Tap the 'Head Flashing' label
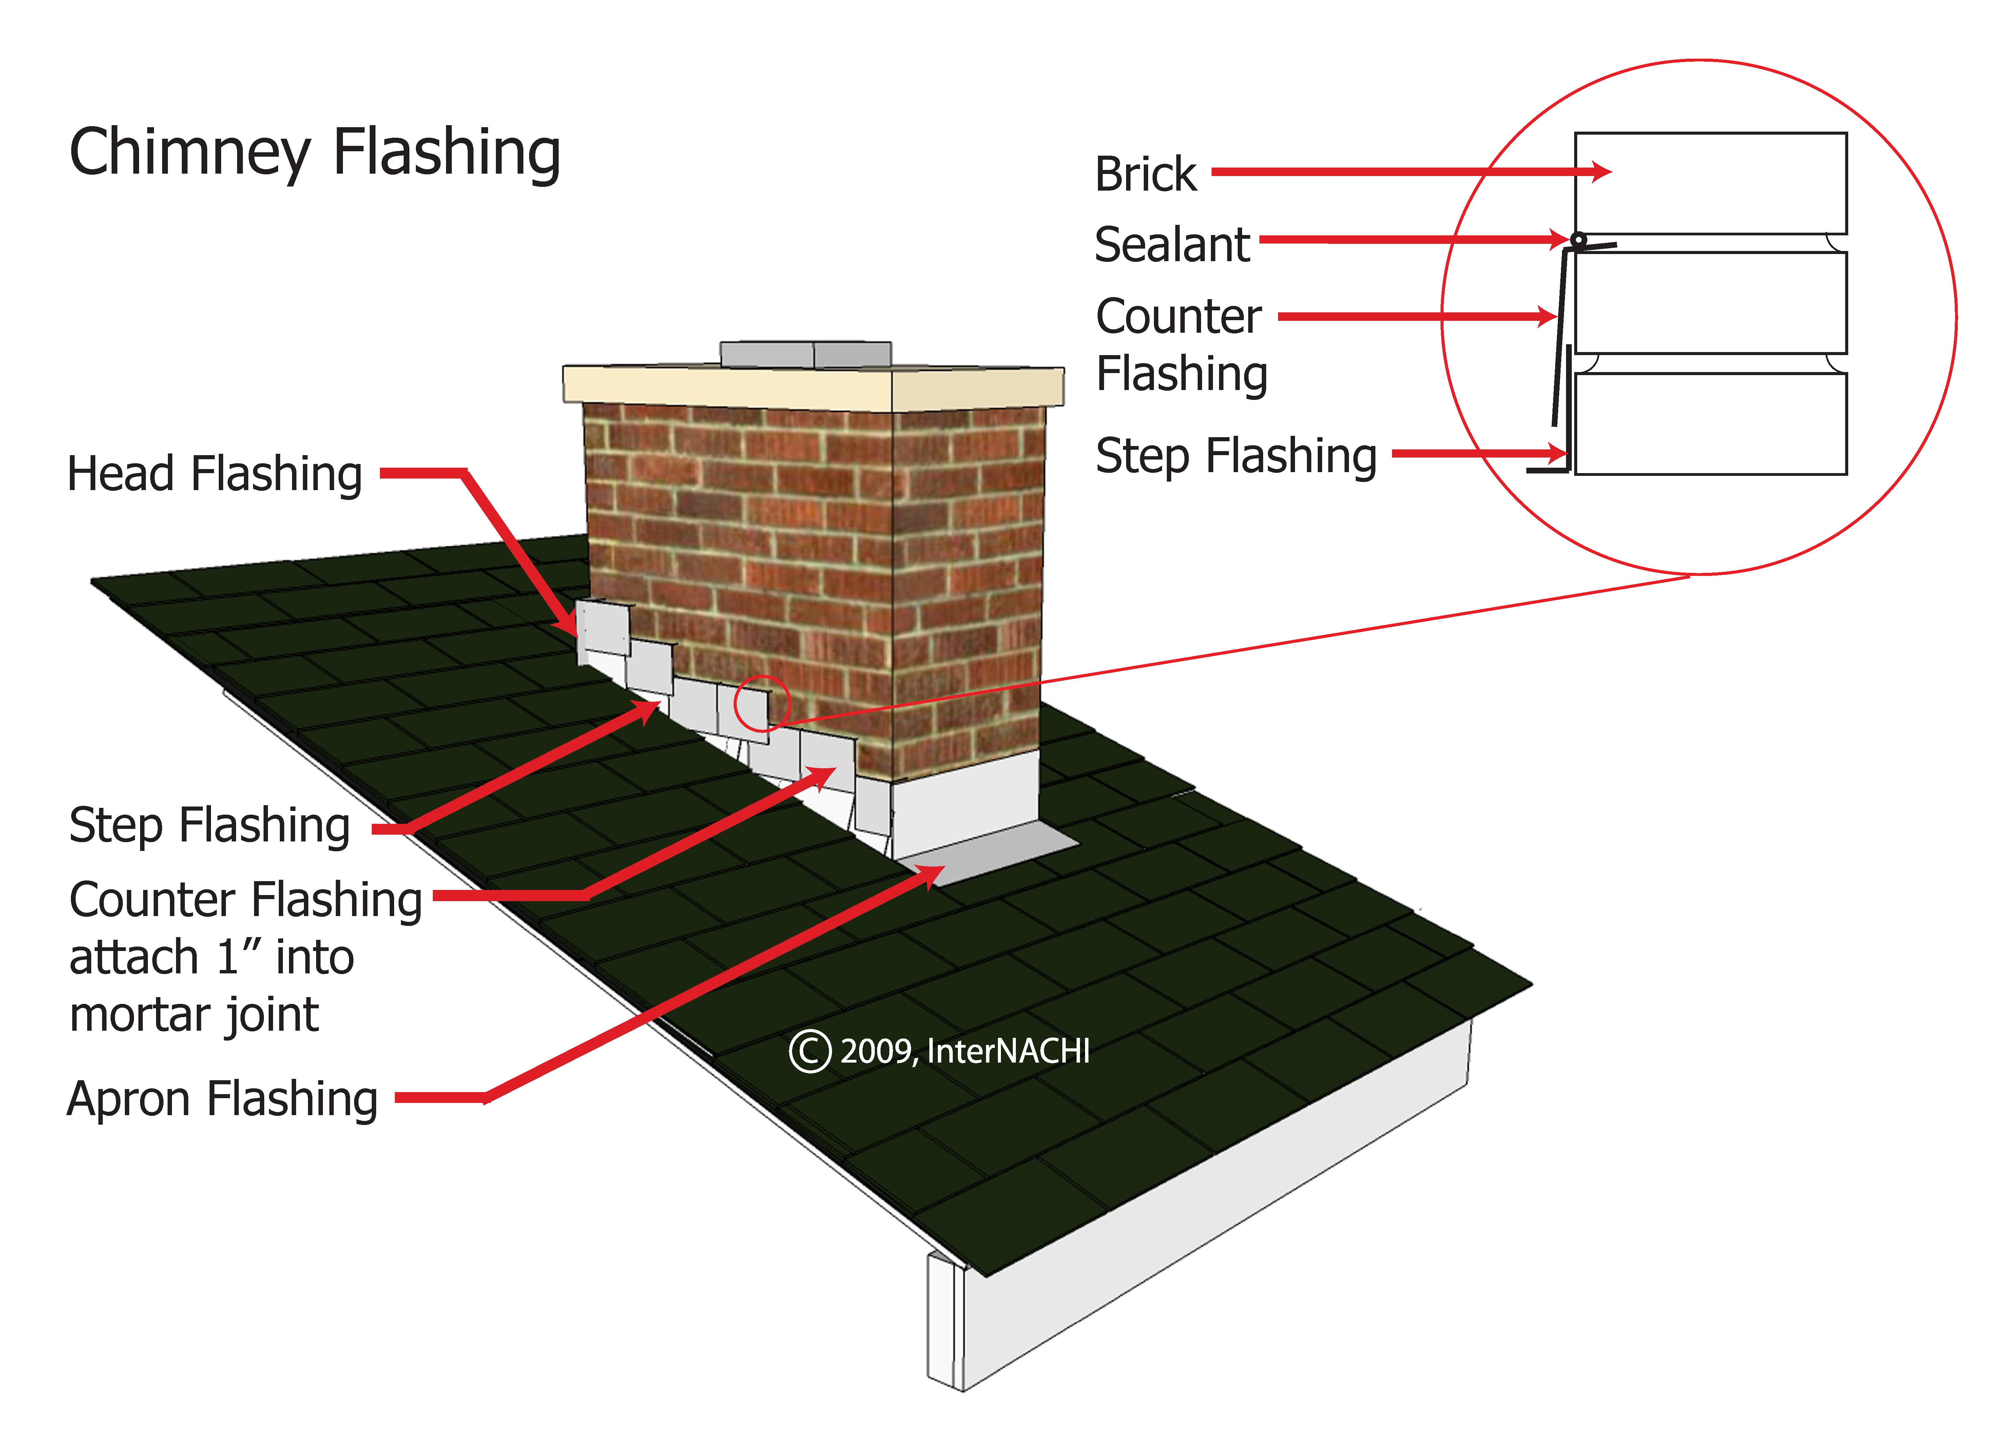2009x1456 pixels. (x=214, y=474)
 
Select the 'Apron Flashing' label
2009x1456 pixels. (x=222, y=1099)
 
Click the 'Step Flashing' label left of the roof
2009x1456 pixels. (x=210, y=826)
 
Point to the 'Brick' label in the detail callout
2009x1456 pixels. (x=1145, y=174)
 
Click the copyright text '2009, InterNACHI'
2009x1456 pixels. (x=965, y=1051)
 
